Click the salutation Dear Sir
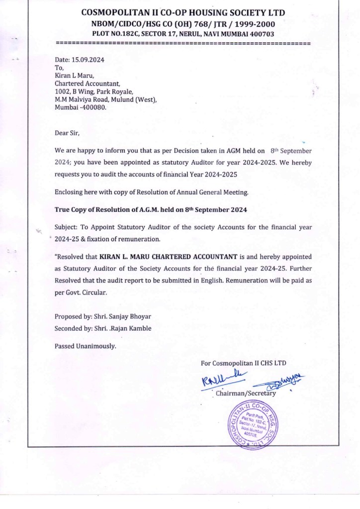click(67, 132)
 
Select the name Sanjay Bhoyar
click(126, 317)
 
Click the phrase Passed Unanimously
click(85, 346)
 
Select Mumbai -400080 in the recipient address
click(81, 107)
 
